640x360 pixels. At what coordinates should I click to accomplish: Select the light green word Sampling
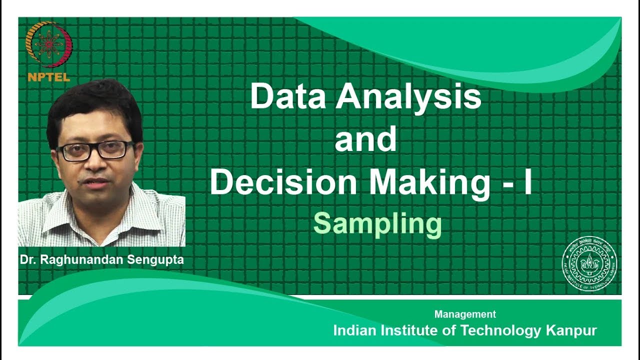coord(377,224)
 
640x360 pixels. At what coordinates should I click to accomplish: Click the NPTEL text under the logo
coord(49,77)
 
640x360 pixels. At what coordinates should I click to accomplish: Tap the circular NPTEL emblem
coord(49,45)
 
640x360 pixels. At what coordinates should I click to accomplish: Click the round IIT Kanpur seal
coord(589,263)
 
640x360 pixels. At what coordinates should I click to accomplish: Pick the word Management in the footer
coord(465,314)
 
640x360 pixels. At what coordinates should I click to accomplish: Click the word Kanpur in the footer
coord(571,330)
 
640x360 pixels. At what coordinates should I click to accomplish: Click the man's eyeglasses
coord(94,150)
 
